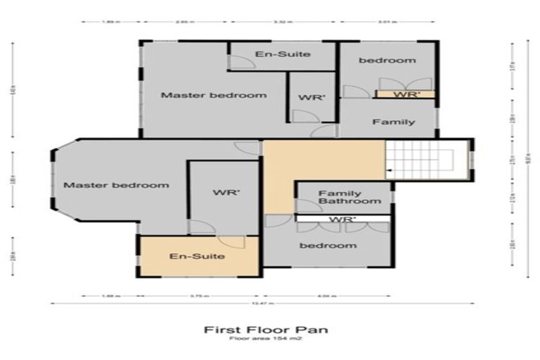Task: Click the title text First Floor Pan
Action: coord(265,329)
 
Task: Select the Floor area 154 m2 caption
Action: coord(265,339)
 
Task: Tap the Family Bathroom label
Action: coord(340,198)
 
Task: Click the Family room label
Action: coord(393,122)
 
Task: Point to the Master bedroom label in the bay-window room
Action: coord(116,186)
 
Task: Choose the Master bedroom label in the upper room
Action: coord(214,95)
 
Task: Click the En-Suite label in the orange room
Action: coord(198,256)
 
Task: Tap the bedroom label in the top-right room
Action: coord(387,60)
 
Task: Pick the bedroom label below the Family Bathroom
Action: coord(328,245)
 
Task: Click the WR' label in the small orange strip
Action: coord(406,94)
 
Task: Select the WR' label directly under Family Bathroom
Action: coord(342,219)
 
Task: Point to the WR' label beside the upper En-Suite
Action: coord(311,98)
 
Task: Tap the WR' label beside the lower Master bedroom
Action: coord(223,192)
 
